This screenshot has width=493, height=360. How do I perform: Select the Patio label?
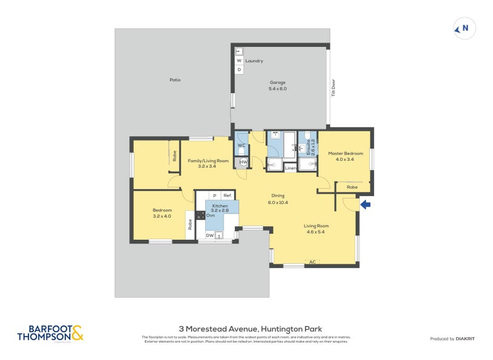(175, 80)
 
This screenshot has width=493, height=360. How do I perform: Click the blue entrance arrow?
(365, 205)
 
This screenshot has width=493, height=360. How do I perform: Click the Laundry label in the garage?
(254, 61)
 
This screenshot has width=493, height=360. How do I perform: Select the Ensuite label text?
(308, 147)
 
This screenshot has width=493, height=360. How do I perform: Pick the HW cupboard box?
(243, 162)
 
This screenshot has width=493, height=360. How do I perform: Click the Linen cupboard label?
(290, 168)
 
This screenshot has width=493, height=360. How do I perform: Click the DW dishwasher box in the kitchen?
(210, 235)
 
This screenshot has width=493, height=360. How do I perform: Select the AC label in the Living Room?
(312, 262)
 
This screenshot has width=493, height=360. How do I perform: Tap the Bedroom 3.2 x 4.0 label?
(162, 213)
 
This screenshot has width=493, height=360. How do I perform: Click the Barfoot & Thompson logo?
(51, 333)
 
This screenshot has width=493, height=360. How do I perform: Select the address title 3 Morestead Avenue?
(250, 329)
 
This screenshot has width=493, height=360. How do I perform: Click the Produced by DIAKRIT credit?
(455, 338)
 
